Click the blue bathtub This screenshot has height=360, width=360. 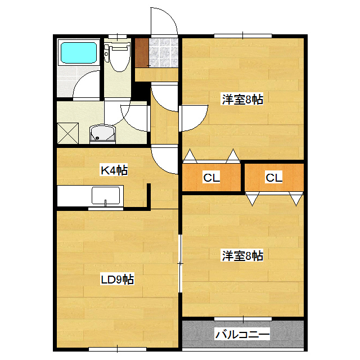pos(78,52)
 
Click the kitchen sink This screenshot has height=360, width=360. pos(106,195)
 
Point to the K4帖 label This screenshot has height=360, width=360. pos(114,170)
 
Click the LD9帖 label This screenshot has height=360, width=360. pos(118,280)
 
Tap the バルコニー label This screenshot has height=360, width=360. pos(242,335)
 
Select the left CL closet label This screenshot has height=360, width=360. pos(211,177)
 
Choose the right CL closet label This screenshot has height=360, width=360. pos(274,177)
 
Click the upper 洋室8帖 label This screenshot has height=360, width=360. pos(242,99)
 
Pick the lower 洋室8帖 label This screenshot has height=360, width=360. pos(242,255)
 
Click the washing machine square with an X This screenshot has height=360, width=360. pos(67,133)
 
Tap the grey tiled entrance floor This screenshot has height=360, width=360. pos(163,52)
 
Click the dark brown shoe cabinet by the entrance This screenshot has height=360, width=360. pos(142,52)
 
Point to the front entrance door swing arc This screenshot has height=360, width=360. pos(169,16)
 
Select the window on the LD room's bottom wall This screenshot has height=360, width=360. pos(118,349)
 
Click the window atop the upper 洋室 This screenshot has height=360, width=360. pos(243,36)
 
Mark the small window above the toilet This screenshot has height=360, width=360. pos(118,37)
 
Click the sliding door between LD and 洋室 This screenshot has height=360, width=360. pos(181,263)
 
